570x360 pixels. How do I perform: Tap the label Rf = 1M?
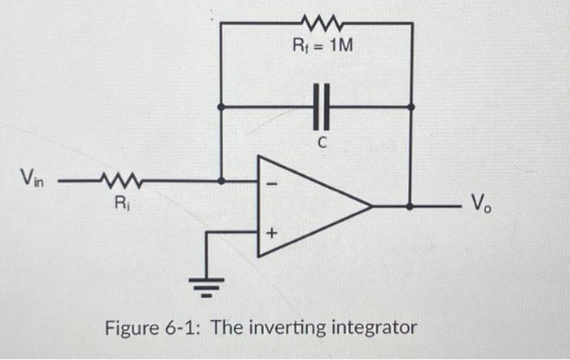pos(322,46)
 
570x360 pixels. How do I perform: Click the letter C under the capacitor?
pos(322,143)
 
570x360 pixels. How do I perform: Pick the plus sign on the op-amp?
pos(272,234)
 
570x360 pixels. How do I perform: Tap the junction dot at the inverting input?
pos(222,180)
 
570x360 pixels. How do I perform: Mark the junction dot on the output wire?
pos(410,207)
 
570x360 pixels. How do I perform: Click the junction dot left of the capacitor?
pos(222,106)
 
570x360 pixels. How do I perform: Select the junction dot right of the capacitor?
pos(410,106)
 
